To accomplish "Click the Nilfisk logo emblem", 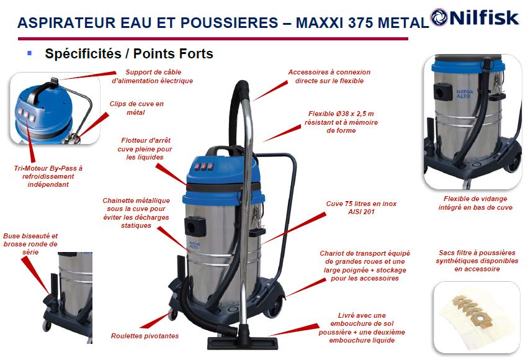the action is pyautogui.click(x=439, y=17).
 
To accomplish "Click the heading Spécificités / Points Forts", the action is pyautogui.click(x=129, y=53).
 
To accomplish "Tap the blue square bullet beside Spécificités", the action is pyautogui.click(x=30, y=53).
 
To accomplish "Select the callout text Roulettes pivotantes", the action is pyautogui.click(x=145, y=336).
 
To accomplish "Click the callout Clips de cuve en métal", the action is pyautogui.click(x=136, y=108).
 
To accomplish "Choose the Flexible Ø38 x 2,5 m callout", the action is pyautogui.click(x=341, y=122).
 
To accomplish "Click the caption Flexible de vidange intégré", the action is pyautogui.click(x=475, y=203).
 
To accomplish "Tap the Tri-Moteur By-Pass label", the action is pyautogui.click(x=48, y=176).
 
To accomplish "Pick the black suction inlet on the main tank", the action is pyautogui.click(x=195, y=226).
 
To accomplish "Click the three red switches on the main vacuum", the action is pyautogui.click(x=204, y=166).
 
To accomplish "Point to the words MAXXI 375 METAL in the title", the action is pyautogui.click(x=362, y=23).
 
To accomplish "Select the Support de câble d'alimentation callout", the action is pyautogui.click(x=153, y=76).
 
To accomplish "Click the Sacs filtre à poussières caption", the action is pyautogui.click(x=477, y=261).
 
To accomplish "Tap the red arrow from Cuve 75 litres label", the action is pyautogui.click(x=293, y=228).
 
